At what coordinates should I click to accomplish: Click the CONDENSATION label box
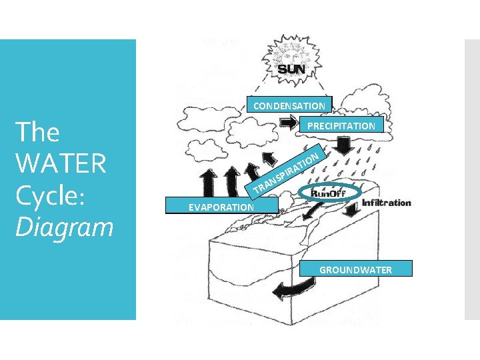click(289, 105)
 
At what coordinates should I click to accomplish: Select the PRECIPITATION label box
click(341, 125)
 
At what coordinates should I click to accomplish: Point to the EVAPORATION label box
click(211, 207)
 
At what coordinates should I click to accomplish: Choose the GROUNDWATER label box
click(355, 269)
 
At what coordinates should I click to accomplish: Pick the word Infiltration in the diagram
click(386, 202)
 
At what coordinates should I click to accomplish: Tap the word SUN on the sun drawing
click(291, 69)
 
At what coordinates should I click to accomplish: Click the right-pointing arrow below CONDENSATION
click(289, 123)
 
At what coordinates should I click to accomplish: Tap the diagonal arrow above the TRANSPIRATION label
click(271, 158)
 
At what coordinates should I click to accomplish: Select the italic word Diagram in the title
click(63, 227)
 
